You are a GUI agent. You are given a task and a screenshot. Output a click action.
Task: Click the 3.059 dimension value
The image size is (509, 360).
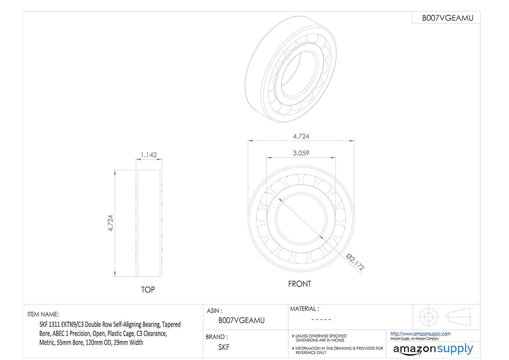pyautogui.click(x=301, y=153)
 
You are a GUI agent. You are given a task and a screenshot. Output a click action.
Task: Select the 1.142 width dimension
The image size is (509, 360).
pyautogui.click(x=149, y=155)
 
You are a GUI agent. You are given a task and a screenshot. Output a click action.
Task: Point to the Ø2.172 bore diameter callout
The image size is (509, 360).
pyautogui.click(x=355, y=262)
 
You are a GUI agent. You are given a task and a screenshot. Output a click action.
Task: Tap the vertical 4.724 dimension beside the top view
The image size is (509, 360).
pyautogui.click(x=110, y=223)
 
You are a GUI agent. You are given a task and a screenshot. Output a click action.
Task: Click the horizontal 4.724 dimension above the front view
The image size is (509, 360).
pyautogui.click(x=301, y=136)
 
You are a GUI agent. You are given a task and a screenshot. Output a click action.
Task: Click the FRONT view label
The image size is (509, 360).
pyautogui.click(x=299, y=284)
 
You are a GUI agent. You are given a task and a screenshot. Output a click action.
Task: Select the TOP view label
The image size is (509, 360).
pyautogui.click(x=148, y=290)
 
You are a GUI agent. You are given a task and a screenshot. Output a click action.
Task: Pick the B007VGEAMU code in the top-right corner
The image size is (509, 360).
pyautogui.click(x=447, y=18)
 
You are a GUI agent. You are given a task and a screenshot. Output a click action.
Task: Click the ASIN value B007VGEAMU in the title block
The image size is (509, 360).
pyautogui.click(x=241, y=320)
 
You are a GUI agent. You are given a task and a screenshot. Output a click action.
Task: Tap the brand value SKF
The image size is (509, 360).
pyautogui.click(x=223, y=347)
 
